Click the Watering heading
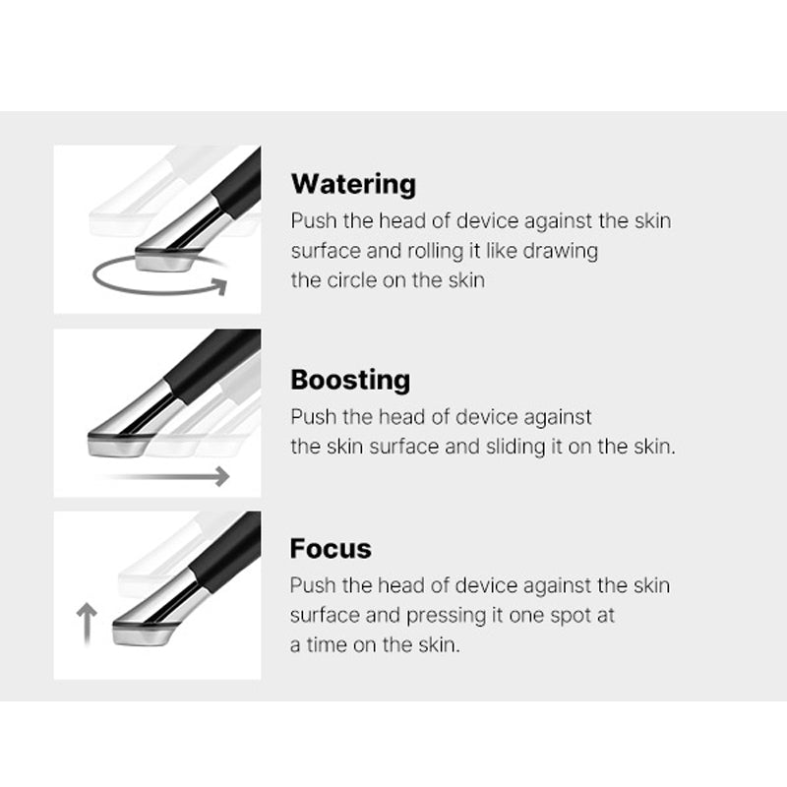pos(353,185)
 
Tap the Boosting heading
pos(350,380)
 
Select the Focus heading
pos(331,548)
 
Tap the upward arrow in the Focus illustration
pos(87,624)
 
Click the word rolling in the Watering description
pos(435,251)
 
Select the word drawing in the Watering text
pos(560,251)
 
